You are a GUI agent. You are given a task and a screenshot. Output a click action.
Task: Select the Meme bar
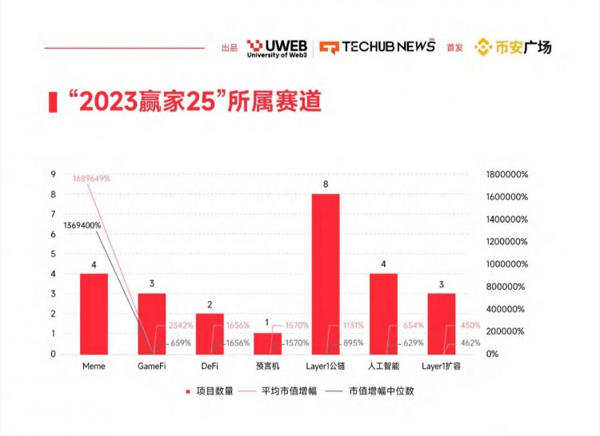click(94, 313)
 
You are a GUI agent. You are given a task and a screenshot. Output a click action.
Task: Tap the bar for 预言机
click(268, 343)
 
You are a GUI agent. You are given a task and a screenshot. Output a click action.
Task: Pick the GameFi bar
click(152, 323)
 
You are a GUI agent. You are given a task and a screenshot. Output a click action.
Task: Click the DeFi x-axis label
click(210, 366)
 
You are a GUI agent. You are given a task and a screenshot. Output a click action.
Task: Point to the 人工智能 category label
click(383, 366)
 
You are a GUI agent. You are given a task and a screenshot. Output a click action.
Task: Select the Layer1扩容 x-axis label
click(442, 366)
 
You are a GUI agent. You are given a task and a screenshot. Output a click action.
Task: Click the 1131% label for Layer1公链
click(354, 325)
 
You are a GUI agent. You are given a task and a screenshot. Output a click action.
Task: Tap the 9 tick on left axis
click(53, 175)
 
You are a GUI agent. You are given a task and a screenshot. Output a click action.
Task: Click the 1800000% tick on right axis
click(506, 175)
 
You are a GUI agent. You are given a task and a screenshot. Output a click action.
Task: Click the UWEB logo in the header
click(277, 47)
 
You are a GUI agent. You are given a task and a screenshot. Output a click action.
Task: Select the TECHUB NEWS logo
click(378, 46)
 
